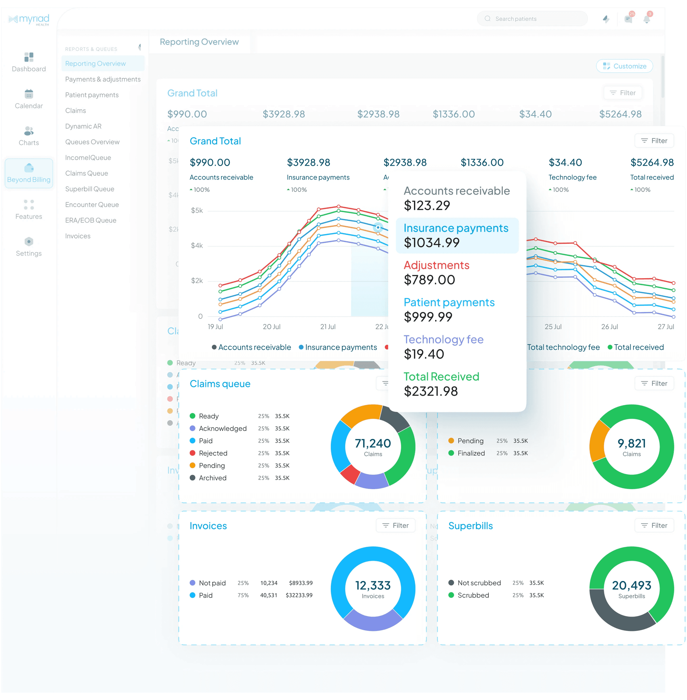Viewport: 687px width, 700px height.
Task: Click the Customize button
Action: tap(624, 66)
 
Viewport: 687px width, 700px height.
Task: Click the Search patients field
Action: tap(532, 19)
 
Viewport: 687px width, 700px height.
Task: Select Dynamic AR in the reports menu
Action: tap(83, 126)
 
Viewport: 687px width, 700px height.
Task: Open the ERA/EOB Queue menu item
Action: tap(91, 220)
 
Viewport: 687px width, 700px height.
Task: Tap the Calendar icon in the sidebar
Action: tap(29, 95)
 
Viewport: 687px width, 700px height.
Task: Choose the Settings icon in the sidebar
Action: tap(29, 241)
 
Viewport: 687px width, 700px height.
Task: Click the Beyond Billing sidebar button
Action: tap(29, 173)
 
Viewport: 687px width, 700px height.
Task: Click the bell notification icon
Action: tap(647, 19)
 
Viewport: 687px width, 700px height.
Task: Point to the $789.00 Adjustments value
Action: tap(429, 280)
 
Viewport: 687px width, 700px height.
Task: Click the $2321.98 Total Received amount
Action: tap(431, 391)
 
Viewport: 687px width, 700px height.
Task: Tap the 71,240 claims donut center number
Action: tap(373, 443)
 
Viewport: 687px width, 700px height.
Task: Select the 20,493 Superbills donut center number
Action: tap(631, 585)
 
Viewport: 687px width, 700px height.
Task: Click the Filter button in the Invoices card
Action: tap(395, 525)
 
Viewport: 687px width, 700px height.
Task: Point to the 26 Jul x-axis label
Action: tap(609, 326)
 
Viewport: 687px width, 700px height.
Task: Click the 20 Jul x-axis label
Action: tap(271, 326)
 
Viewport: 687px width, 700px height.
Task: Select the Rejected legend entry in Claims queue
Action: tap(213, 453)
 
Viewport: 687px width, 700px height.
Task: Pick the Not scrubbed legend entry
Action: tap(479, 583)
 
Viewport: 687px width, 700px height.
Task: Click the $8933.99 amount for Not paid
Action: tap(300, 583)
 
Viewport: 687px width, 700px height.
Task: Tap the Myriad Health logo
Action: tap(29, 19)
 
